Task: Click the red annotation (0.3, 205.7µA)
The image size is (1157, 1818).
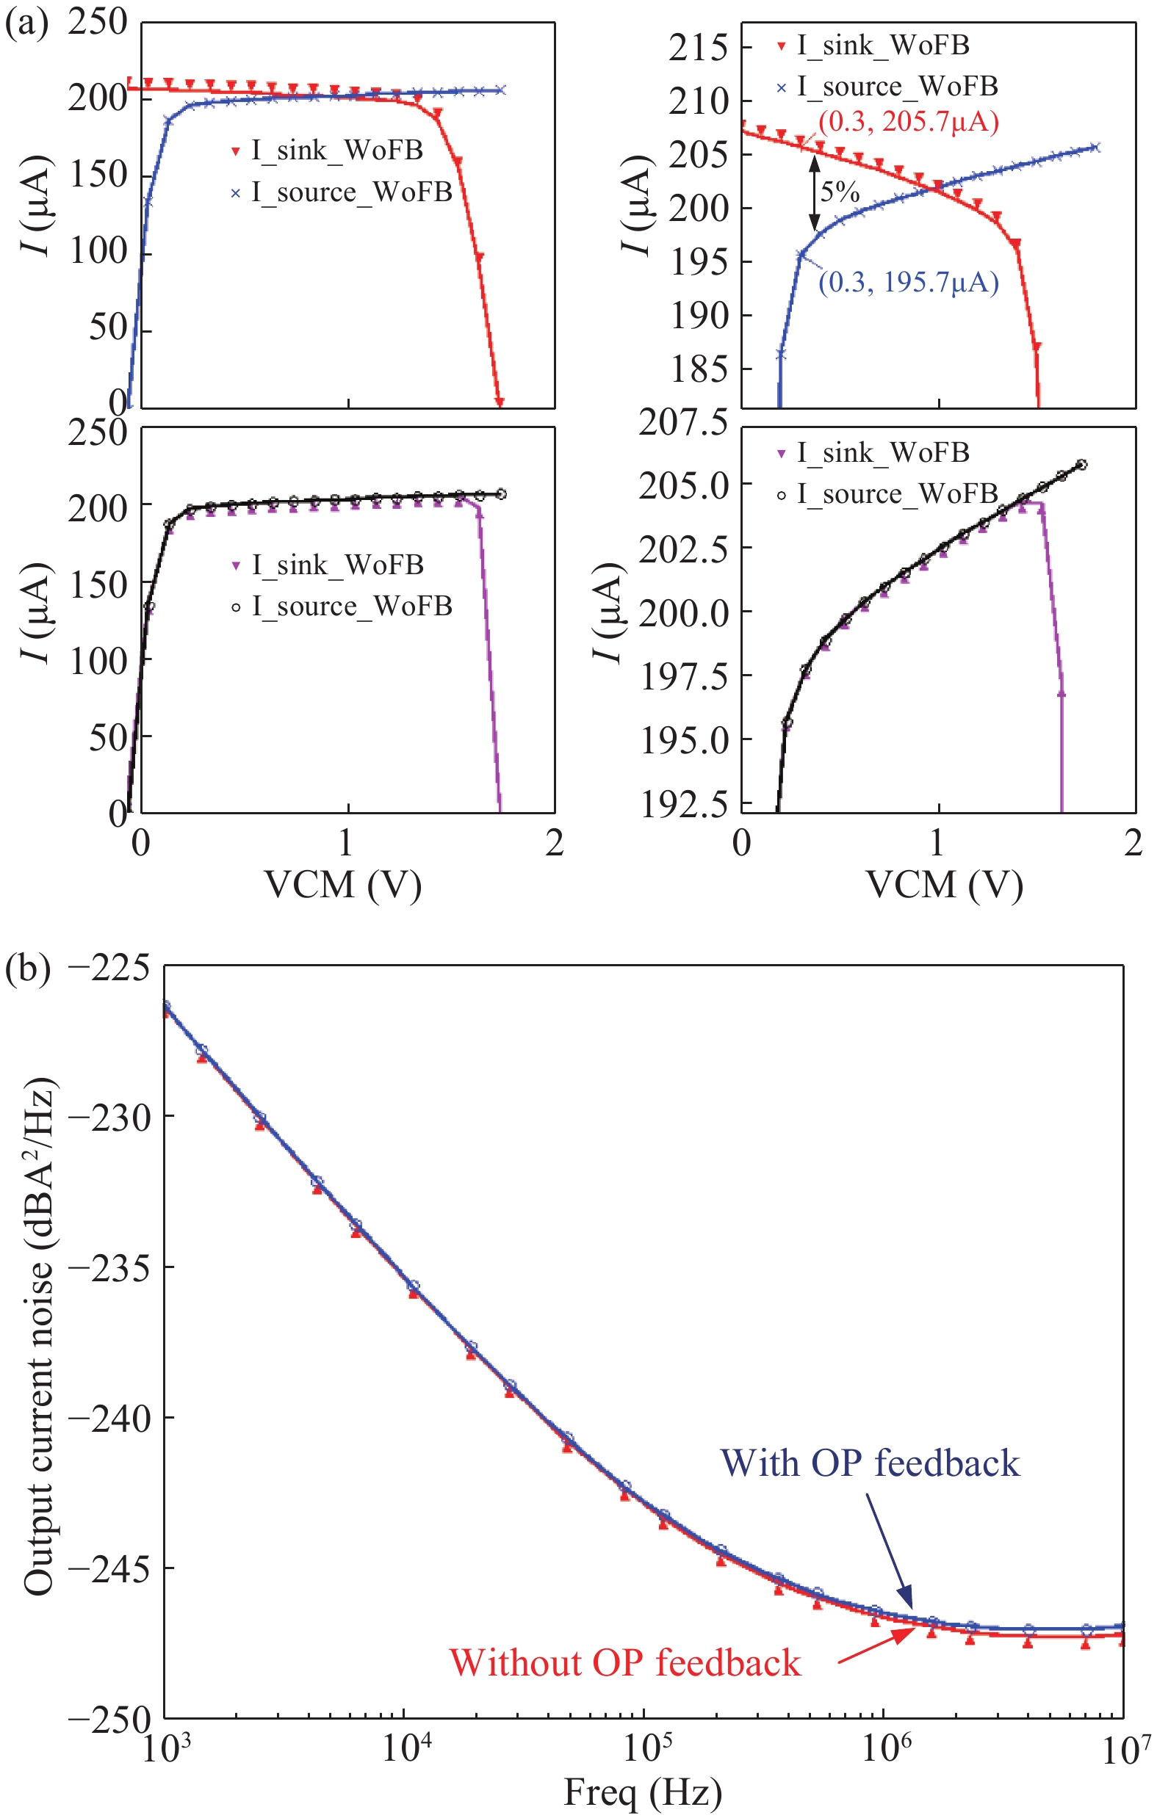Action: click(909, 122)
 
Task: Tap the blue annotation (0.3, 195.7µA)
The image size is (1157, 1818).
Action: click(909, 283)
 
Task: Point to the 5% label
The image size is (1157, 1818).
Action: click(840, 192)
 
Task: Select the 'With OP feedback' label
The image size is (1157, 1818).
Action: click(870, 1463)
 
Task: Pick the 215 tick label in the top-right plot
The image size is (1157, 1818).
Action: click(698, 48)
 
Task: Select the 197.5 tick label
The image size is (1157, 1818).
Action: click(683, 676)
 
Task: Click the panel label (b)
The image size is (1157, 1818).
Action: click(27, 967)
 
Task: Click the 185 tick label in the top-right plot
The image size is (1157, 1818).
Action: click(698, 369)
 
